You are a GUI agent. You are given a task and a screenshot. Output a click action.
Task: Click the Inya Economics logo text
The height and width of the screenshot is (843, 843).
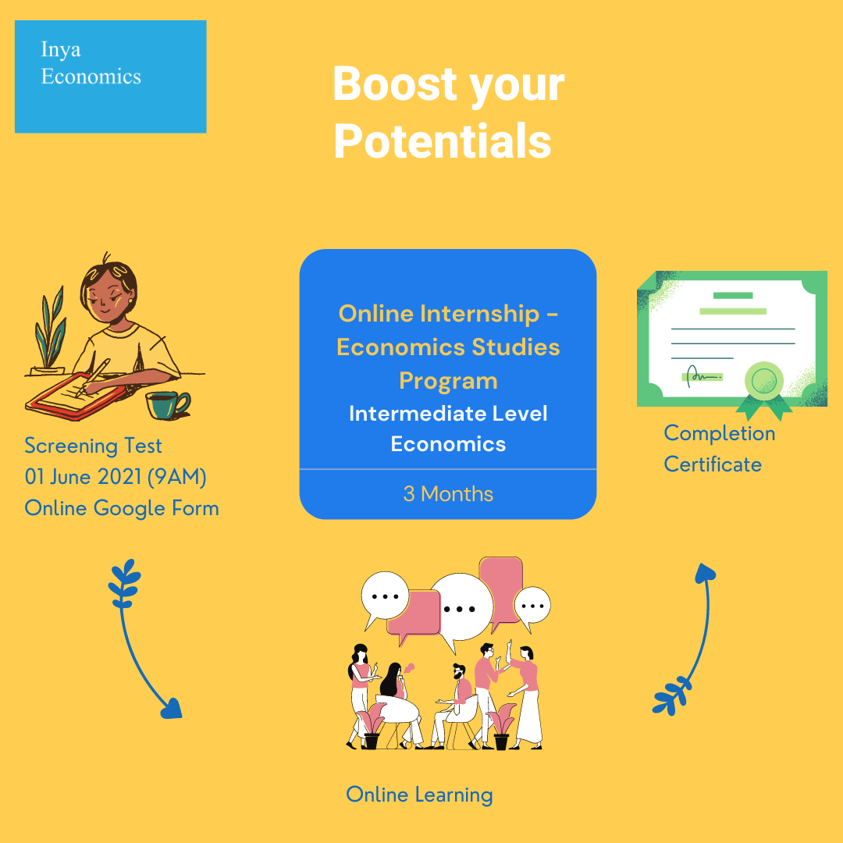pyautogui.click(x=91, y=63)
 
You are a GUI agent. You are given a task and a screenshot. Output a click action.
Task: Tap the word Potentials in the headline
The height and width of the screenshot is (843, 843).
pyautogui.click(x=443, y=141)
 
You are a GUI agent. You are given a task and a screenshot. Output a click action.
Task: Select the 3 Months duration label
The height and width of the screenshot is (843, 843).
pyautogui.click(x=448, y=494)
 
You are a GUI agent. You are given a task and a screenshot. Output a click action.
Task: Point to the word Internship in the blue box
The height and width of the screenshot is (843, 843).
pyautogui.click(x=480, y=315)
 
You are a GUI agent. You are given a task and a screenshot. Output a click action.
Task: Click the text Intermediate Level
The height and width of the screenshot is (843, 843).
pyautogui.click(x=448, y=414)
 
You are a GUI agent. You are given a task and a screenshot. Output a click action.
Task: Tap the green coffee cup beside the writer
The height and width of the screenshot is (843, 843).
pyautogui.click(x=168, y=405)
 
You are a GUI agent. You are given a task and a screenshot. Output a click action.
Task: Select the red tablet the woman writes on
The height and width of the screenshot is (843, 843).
pyautogui.click(x=75, y=397)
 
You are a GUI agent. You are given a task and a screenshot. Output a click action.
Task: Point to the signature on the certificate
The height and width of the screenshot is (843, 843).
pyautogui.click(x=702, y=375)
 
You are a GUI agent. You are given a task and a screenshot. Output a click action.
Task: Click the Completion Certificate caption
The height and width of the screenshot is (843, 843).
pyautogui.click(x=720, y=449)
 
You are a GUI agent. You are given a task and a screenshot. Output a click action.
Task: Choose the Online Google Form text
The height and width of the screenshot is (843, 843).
pyautogui.click(x=122, y=509)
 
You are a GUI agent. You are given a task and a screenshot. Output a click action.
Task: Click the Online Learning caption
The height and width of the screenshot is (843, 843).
pyautogui.click(x=419, y=795)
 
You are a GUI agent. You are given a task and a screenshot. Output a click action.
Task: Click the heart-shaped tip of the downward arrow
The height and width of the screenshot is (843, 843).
pyautogui.click(x=172, y=708)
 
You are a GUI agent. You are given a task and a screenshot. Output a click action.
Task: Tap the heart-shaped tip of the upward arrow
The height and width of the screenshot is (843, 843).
pyautogui.click(x=705, y=573)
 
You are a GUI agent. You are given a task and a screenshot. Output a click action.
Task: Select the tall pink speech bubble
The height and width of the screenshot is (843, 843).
pyautogui.click(x=500, y=592)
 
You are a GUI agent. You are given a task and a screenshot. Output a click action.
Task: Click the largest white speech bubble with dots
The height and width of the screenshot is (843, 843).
pyautogui.click(x=461, y=609)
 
